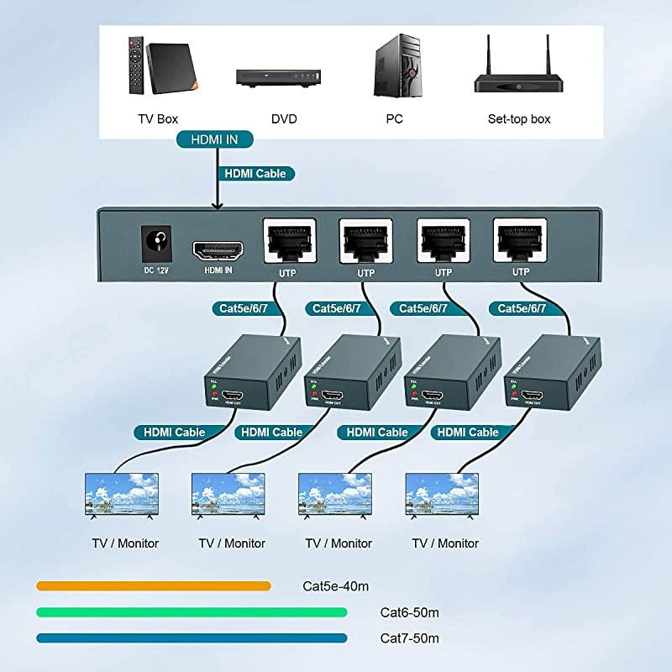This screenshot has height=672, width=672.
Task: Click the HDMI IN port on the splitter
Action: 218,249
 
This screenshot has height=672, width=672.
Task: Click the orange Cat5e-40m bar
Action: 153,585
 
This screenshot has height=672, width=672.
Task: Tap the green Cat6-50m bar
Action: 192,612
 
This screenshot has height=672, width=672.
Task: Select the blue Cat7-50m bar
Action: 192,638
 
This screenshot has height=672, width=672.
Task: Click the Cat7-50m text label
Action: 409,638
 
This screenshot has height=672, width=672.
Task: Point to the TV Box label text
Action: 158,119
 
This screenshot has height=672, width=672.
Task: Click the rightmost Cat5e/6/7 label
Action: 522,308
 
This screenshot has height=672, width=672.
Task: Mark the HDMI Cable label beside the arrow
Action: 255,174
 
